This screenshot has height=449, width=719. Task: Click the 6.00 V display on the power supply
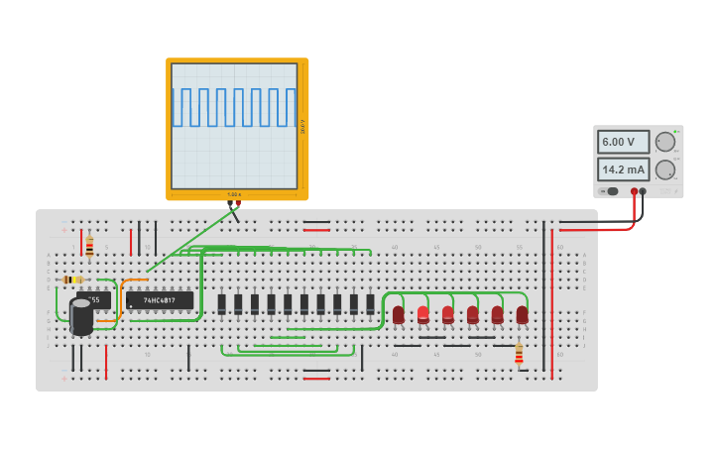pos(623,142)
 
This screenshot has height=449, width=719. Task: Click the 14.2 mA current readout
pos(623,168)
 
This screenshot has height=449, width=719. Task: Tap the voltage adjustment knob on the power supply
pos(664,142)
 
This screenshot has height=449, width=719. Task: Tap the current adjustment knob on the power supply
pos(664,169)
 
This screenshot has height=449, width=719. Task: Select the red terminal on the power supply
pos(634,191)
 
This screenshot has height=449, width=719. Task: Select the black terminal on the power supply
pos(643,191)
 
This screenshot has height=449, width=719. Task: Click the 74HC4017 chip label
pos(160,300)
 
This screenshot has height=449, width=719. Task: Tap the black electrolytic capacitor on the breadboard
pos(81,316)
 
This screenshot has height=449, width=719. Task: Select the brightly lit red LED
pos(423,314)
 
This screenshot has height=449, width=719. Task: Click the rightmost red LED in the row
pos(522,314)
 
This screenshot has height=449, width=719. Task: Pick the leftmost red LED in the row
pos(399,314)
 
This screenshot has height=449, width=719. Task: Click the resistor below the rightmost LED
pos(519,353)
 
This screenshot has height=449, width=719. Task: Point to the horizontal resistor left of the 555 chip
pos(72,280)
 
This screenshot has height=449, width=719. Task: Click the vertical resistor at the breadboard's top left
pos(89,246)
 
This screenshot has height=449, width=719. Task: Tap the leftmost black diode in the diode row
pos(222,303)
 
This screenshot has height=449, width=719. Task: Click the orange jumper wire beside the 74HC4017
pos(123,297)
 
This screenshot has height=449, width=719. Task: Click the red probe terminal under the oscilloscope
pos(238,203)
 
